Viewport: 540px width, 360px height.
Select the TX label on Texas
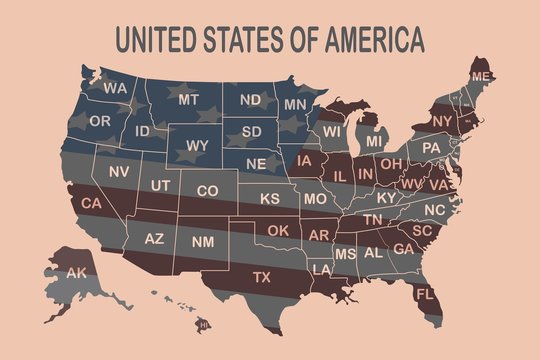(262, 276)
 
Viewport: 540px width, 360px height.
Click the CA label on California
(92, 204)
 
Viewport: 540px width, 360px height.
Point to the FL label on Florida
(424, 294)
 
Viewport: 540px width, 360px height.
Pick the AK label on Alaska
(76, 273)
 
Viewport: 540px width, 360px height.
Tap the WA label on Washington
(114, 88)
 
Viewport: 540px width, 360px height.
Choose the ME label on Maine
(482, 77)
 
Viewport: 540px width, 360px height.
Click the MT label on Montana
(189, 100)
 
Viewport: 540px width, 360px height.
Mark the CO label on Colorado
(207, 190)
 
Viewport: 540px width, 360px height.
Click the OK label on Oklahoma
(278, 230)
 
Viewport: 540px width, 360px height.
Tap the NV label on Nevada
(119, 172)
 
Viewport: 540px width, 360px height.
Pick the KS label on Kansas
(270, 199)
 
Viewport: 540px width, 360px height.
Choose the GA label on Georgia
(404, 249)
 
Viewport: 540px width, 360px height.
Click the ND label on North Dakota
(250, 100)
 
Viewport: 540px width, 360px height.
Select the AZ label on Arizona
(154, 240)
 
